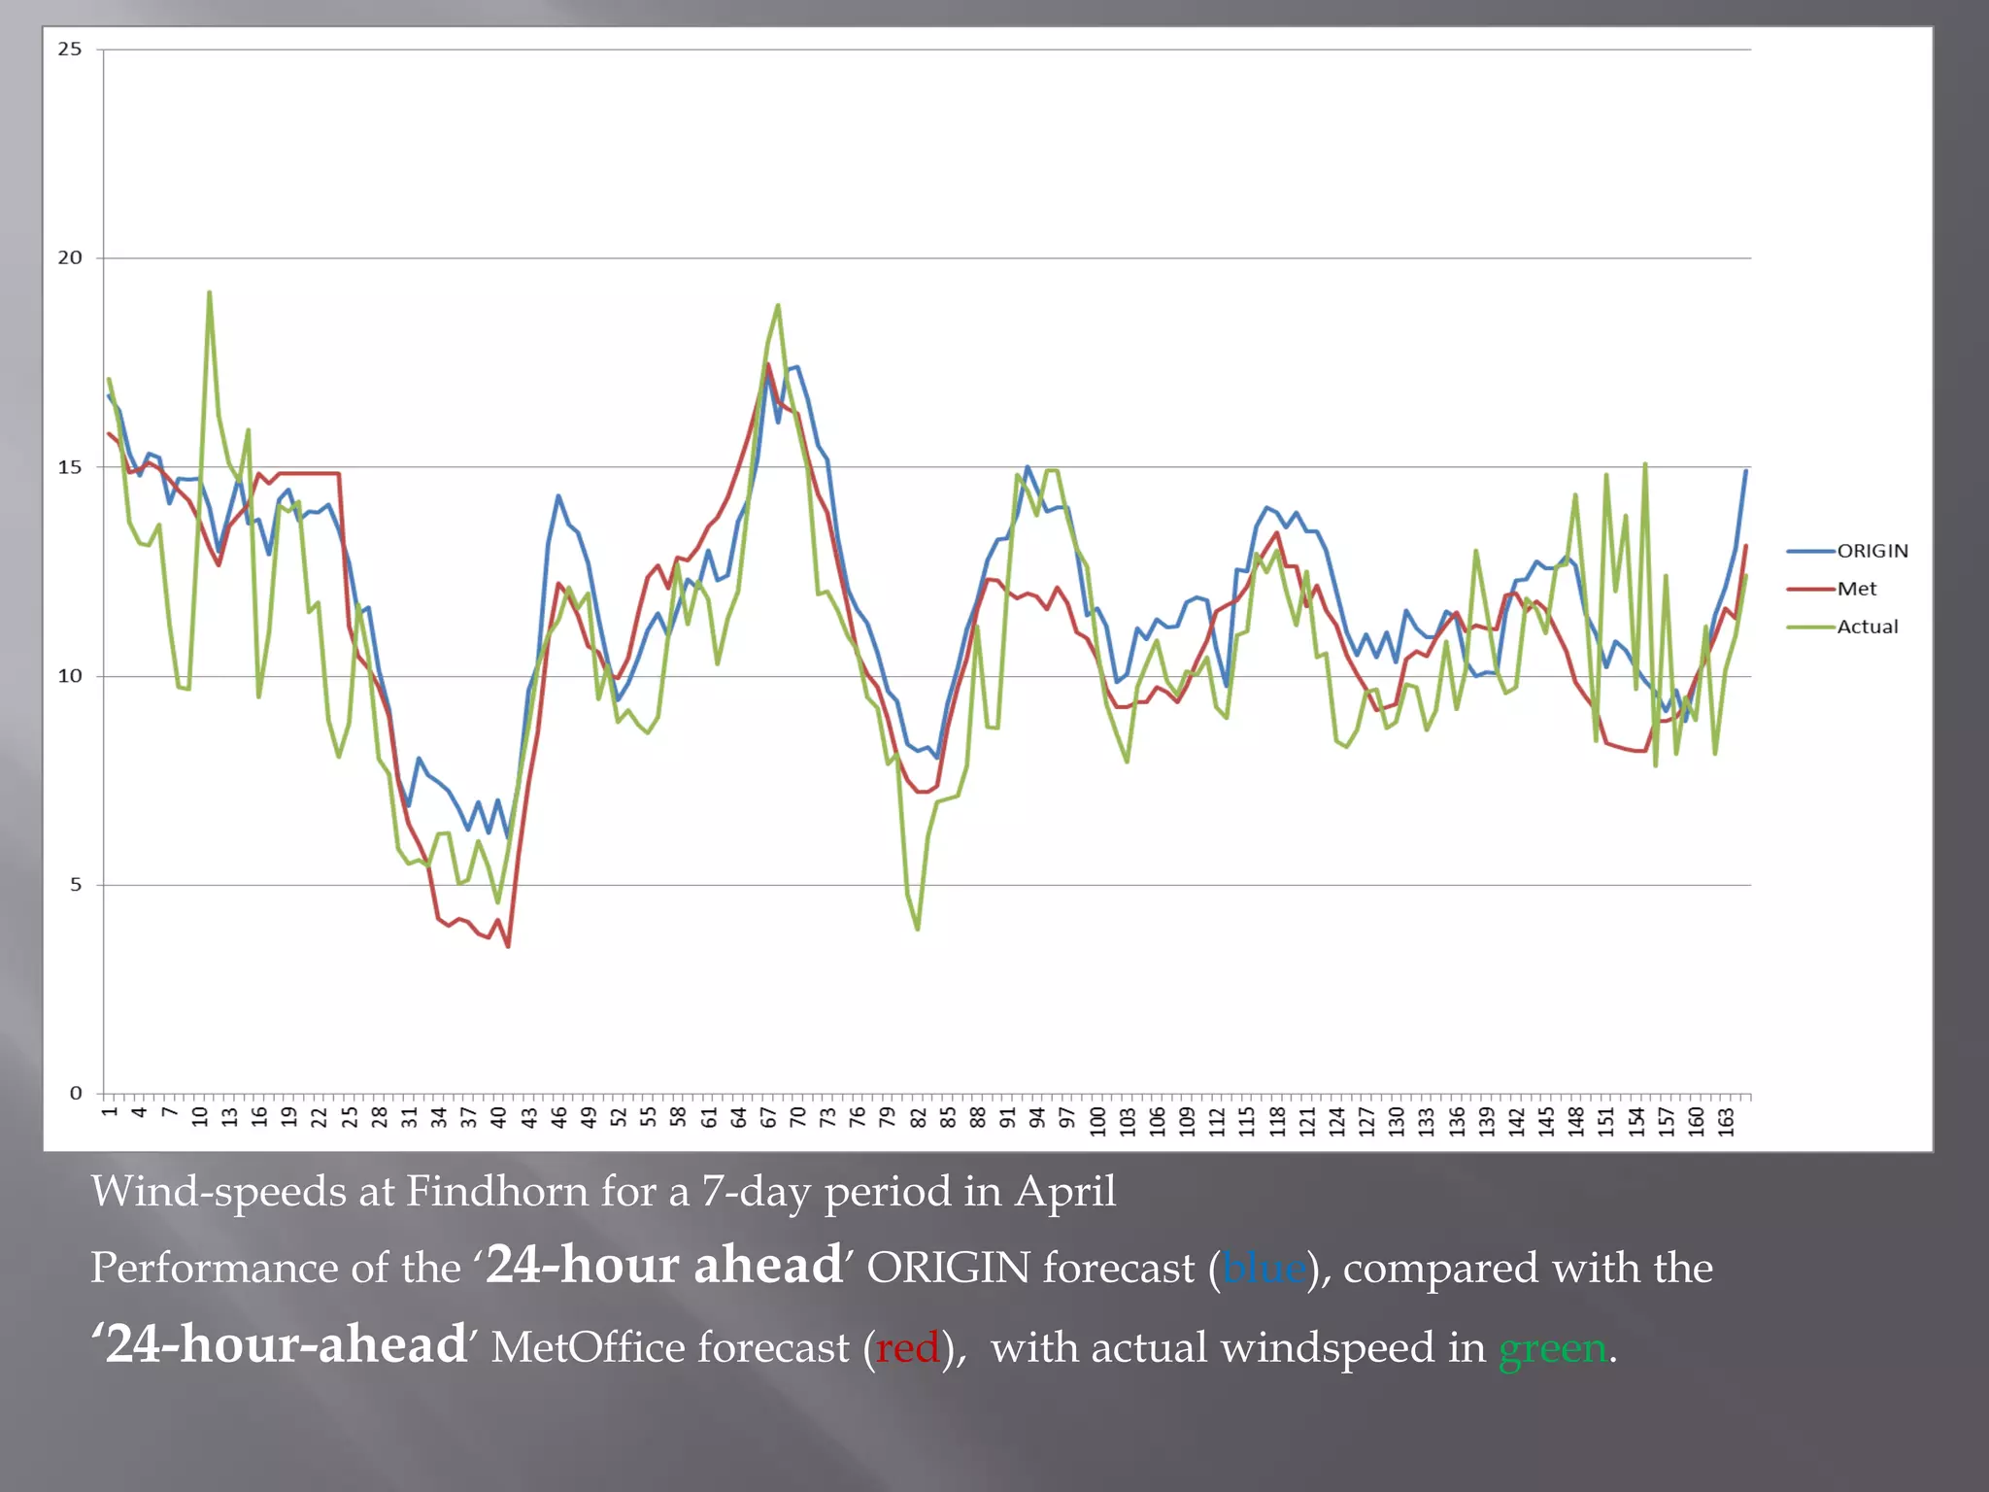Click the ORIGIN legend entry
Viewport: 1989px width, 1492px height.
point(1871,551)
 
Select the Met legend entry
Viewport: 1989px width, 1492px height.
point(1856,589)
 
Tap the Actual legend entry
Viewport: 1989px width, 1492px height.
point(1867,627)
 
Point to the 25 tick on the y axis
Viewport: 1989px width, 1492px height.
point(70,49)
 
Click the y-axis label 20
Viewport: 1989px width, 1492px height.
point(70,257)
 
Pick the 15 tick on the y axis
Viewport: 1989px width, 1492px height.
point(70,467)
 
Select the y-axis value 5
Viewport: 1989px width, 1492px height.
point(75,885)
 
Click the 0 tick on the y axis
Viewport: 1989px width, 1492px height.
point(75,1094)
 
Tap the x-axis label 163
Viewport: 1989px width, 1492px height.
point(1726,1120)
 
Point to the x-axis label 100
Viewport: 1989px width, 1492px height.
point(1097,1120)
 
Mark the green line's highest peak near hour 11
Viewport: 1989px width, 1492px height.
point(210,292)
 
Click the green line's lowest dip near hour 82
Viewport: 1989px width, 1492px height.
point(918,930)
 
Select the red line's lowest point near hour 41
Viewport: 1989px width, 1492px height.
point(508,946)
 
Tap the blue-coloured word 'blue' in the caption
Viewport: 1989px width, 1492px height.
point(1264,1269)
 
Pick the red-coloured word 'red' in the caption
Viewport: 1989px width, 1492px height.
point(908,1348)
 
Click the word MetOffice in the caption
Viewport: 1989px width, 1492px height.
point(670,1348)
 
